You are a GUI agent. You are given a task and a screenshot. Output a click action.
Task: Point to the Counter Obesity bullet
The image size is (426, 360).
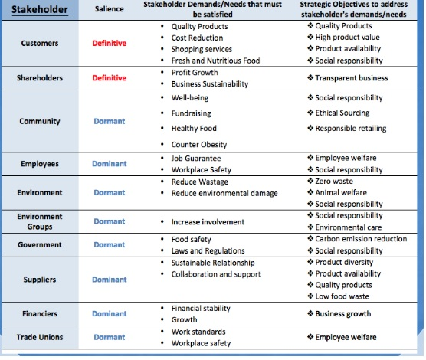(x=199, y=145)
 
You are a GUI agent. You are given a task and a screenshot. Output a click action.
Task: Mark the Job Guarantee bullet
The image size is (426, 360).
(x=198, y=158)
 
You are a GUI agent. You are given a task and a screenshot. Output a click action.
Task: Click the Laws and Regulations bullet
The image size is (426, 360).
(x=208, y=250)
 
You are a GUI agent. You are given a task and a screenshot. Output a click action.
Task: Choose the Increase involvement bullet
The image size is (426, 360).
(x=208, y=222)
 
